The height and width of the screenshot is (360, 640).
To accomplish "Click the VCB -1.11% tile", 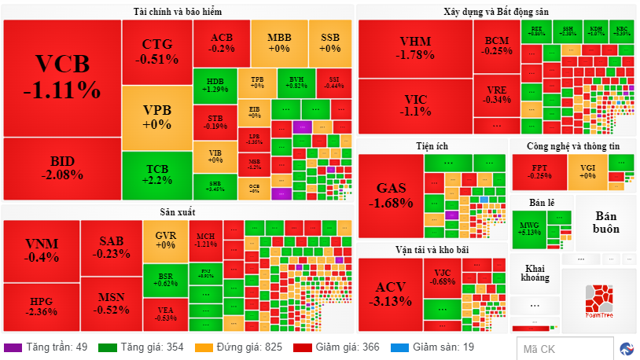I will tap(61, 77).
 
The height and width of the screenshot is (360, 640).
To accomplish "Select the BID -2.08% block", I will tap(61, 168).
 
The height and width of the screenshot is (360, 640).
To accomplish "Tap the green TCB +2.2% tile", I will tap(156, 174).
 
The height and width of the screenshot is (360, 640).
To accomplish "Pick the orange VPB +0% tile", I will tap(156, 117).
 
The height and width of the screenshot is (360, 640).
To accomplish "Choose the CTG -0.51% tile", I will tap(156, 50).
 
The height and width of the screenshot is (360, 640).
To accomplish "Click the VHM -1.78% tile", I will tap(415, 47).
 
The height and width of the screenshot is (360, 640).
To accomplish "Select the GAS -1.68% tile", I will tap(391, 195).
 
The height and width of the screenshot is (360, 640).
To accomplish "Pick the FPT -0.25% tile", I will tap(539, 171).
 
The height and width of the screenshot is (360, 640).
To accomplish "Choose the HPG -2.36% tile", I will tap(41, 306).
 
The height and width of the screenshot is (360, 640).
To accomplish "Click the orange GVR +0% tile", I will tap(165, 240).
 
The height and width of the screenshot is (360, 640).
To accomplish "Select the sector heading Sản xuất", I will tap(178, 211).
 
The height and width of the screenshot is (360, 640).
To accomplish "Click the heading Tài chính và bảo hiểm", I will tap(178, 12).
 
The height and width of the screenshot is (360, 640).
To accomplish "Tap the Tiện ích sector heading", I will tap(432, 146).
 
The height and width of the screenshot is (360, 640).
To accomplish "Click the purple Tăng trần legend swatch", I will tap(13, 347).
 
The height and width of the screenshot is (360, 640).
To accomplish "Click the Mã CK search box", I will tap(565, 348).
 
